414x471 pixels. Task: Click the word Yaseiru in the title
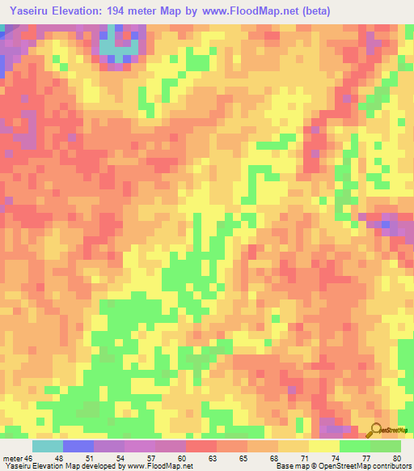(27, 11)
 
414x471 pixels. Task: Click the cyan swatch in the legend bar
(48, 447)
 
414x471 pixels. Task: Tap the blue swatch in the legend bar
(78, 447)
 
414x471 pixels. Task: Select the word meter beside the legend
(12, 435)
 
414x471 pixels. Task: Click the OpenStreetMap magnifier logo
(377, 430)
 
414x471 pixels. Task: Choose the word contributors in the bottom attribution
(391, 465)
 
